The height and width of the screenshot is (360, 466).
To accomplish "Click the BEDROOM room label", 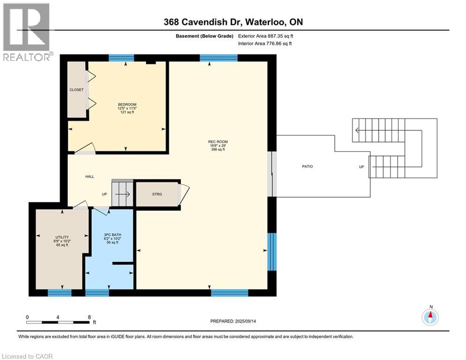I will (x=127, y=105).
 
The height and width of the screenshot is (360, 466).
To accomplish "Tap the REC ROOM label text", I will (x=218, y=142).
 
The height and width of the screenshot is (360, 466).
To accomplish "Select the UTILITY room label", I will (x=62, y=237).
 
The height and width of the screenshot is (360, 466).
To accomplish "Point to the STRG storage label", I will (x=157, y=194).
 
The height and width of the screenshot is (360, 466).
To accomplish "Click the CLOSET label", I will (x=76, y=90).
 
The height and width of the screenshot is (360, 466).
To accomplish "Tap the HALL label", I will (x=89, y=177).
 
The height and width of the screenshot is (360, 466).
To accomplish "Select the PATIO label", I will (x=307, y=166).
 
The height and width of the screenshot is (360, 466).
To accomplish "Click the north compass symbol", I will (x=430, y=317).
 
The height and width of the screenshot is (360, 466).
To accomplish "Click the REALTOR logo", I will (x=27, y=32).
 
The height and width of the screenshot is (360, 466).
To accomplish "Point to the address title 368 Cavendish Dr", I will (x=229, y=22).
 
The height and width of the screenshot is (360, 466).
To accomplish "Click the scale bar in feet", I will (x=58, y=322).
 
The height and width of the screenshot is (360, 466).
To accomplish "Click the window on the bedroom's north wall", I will (x=121, y=58).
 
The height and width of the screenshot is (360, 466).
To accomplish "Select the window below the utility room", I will (x=59, y=293).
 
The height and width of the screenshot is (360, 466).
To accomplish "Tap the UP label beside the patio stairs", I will (x=361, y=166).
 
